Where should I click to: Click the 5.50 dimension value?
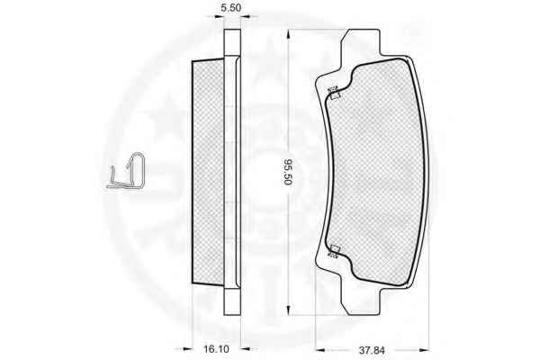click(230, 7)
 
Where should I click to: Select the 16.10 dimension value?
click(216, 349)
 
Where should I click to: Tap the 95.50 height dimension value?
click(288, 172)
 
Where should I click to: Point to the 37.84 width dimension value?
click(372, 350)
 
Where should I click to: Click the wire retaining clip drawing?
click(126, 171)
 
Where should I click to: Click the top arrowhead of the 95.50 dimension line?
click(289, 34)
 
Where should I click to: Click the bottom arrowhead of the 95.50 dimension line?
click(289, 310)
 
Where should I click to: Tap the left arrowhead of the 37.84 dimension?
click(319, 350)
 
